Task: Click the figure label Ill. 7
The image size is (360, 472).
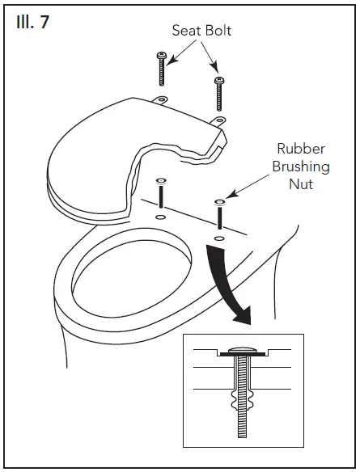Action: pos(32,23)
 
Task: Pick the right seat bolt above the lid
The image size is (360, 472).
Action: pos(218,93)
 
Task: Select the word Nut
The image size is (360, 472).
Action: pos(301,183)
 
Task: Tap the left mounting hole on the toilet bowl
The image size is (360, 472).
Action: pos(160,217)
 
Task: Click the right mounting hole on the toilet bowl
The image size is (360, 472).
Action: pos(219,238)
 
